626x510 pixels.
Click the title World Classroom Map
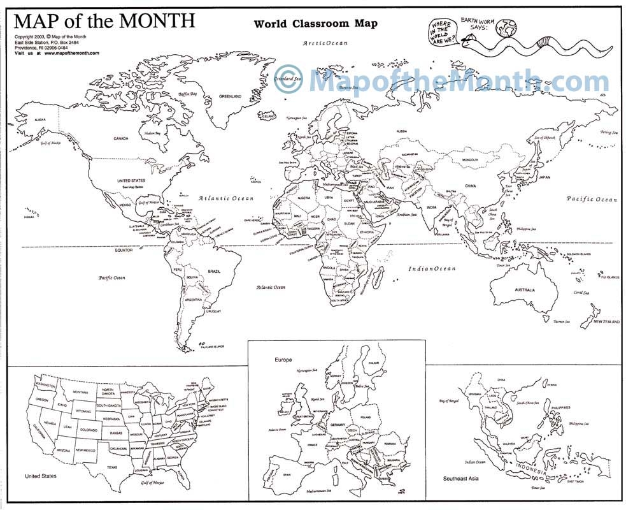click(x=315, y=24)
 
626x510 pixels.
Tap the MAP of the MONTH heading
click(x=104, y=20)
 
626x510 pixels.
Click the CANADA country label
click(x=121, y=138)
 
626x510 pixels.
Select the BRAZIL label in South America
click(x=214, y=272)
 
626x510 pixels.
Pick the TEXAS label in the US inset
click(x=112, y=467)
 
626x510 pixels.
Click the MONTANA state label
click(x=80, y=392)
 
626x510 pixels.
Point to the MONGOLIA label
click(x=470, y=159)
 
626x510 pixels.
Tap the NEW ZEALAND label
click(x=606, y=322)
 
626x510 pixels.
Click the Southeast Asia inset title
click(x=461, y=477)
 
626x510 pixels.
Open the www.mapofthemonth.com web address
click(x=72, y=53)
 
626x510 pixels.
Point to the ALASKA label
click(x=40, y=119)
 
